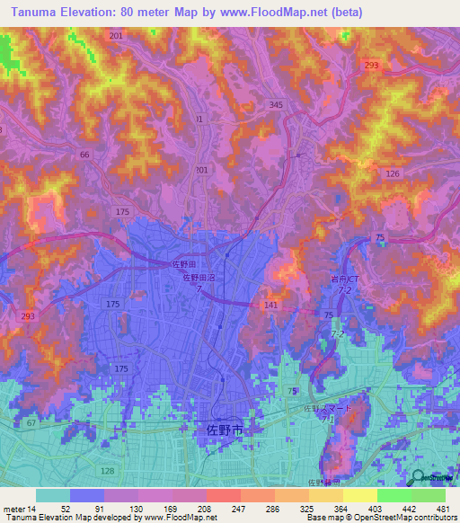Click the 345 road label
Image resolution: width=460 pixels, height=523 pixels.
[x=276, y=105]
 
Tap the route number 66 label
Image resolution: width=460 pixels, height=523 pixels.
[x=84, y=155]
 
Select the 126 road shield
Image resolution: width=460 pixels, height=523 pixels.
[x=392, y=173]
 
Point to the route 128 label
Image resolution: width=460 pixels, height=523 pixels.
[x=108, y=471]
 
